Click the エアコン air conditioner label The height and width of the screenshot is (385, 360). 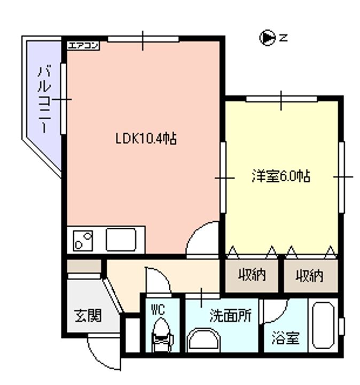point(83,45)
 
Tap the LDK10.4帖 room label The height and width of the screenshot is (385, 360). point(146,139)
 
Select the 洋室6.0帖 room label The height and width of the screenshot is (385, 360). point(281,176)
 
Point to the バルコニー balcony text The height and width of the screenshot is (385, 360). point(45,99)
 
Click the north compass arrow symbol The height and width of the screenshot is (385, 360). point(267,38)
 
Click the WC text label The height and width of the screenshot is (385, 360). point(158,310)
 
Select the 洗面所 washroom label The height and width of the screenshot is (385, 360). point(231,315)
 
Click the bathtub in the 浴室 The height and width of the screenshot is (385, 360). point(323,326)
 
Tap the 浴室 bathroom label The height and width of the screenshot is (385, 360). point(286,338)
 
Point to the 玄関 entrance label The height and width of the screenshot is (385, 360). point(88,315)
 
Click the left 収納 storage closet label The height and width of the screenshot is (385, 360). point(252,275)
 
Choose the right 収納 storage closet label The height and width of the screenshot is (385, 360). point(309,275)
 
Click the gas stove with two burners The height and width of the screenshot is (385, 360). point(83,241)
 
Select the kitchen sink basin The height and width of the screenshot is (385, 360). point(121,240)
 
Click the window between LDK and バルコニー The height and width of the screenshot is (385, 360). point(63,99)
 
